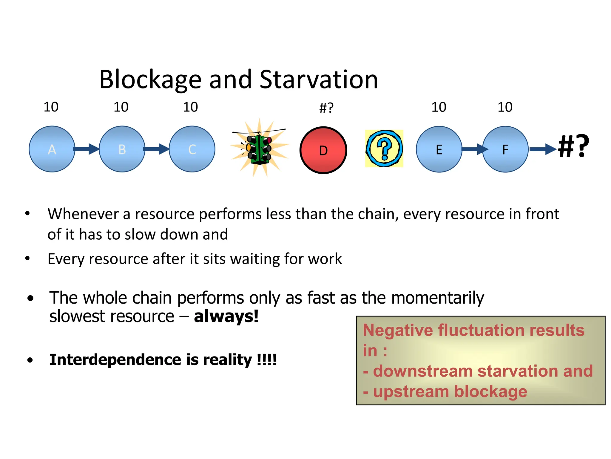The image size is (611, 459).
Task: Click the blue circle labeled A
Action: tap(52, 149)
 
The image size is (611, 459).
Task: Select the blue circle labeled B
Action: tap(122, 149)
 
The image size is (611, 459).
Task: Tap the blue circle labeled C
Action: tap(192, 149)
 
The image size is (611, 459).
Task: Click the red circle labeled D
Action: tap(323, 150)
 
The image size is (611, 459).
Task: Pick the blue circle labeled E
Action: tap(439, 149)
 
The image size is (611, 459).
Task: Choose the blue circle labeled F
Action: tap(505, 149)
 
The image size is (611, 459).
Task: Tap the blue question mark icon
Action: tap(384, 149)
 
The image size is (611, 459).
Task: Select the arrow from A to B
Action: tap(86, 149)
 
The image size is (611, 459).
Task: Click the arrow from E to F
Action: tap(474, 149)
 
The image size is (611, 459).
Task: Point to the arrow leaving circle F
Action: tap(542, 149)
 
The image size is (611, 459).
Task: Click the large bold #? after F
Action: tap(573, 146)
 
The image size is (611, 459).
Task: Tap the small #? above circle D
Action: tap(326, 108)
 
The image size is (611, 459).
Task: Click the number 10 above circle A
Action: tap(51, 107)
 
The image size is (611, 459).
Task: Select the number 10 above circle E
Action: tap(439, 107)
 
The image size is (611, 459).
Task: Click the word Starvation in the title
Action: tap(319, 79)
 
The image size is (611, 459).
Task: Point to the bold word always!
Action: tap(226, 316)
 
